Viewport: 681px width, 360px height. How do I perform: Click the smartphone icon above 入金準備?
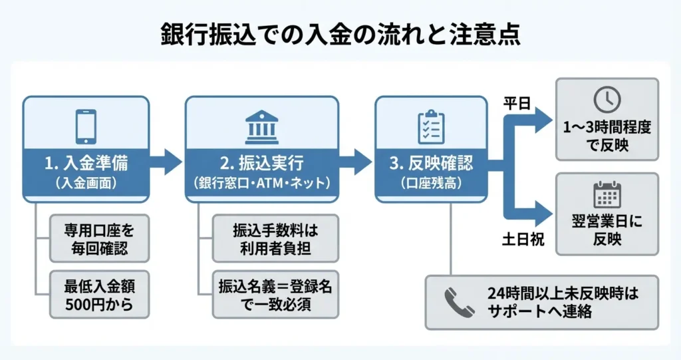click(x=85, y=126)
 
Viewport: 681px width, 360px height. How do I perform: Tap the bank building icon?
click(x=261, y=126)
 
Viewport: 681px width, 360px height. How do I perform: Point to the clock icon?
click(x=607, y=99)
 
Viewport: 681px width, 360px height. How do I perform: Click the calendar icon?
click(x=607, y=194)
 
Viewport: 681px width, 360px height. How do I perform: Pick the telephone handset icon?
click(x=459, y=302)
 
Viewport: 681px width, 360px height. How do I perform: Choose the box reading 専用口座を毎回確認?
click(x=99, y=237)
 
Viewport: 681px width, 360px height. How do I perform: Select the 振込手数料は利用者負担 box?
click(x=275, y=238)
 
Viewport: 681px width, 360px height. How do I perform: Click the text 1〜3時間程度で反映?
click(x=607, y=136)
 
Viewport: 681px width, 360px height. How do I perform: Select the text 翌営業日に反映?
click(x=607, y=230)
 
